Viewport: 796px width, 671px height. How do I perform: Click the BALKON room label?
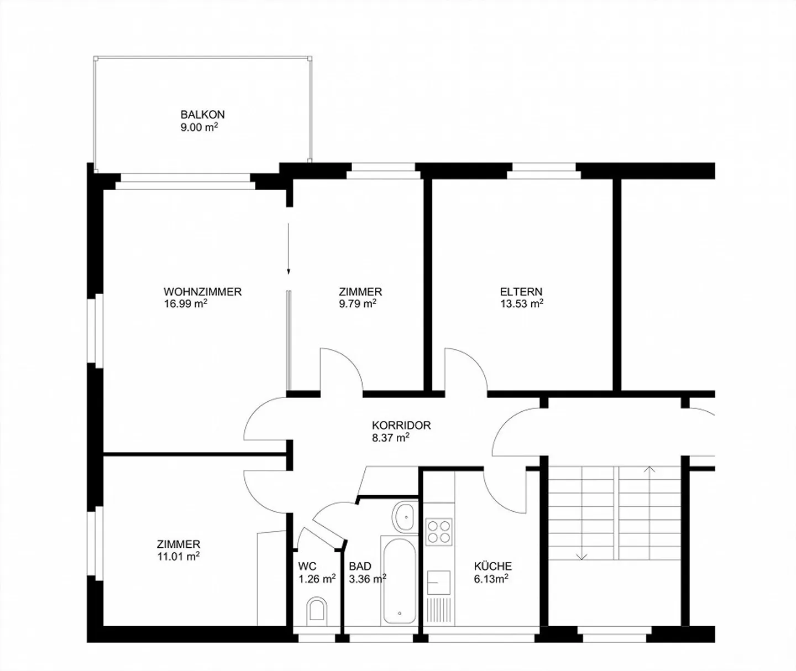202,114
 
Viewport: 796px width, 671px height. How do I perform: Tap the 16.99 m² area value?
186,303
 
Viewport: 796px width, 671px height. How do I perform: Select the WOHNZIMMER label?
202,292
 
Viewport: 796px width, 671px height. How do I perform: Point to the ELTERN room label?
521,292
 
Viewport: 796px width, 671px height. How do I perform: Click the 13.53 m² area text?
522,303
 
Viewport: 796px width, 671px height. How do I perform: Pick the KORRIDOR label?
401,425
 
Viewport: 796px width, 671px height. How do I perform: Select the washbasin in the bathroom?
406,517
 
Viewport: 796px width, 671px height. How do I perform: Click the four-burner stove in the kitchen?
439,532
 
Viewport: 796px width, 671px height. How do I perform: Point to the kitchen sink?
439,582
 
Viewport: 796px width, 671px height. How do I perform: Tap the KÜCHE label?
493,566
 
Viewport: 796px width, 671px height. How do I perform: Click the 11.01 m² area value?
179,556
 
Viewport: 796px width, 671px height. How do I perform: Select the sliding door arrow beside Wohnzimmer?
288,249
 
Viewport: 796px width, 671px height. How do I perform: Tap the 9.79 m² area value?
358,303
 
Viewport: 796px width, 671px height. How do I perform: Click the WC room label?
307,566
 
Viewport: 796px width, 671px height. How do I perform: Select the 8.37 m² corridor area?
391,437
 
